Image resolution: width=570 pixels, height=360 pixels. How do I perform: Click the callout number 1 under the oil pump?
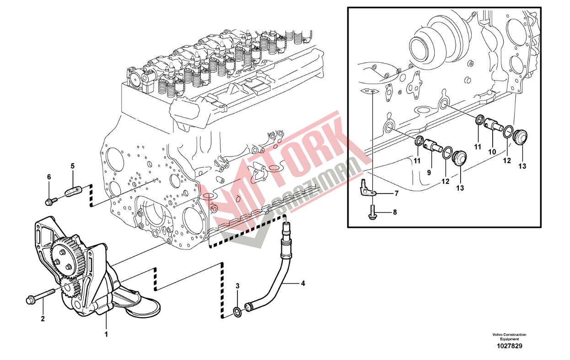click(x=107, y=334)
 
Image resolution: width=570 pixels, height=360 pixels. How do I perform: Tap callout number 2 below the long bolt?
click(x=43, y=319)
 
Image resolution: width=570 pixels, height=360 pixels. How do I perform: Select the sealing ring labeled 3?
click(x=237, y=312)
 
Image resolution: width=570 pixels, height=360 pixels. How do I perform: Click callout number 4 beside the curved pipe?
click(x=303, y=284)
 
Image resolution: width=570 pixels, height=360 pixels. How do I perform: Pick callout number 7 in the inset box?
click(x=397, y=193)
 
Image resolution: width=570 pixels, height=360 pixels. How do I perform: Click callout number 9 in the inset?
click(x=429, y=173)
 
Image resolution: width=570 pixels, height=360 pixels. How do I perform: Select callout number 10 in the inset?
click(x=492, y=152)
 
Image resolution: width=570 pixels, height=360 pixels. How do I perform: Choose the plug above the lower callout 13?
click(x=459, y=158)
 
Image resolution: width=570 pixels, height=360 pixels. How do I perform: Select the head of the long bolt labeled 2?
click(x=30, y=301)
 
